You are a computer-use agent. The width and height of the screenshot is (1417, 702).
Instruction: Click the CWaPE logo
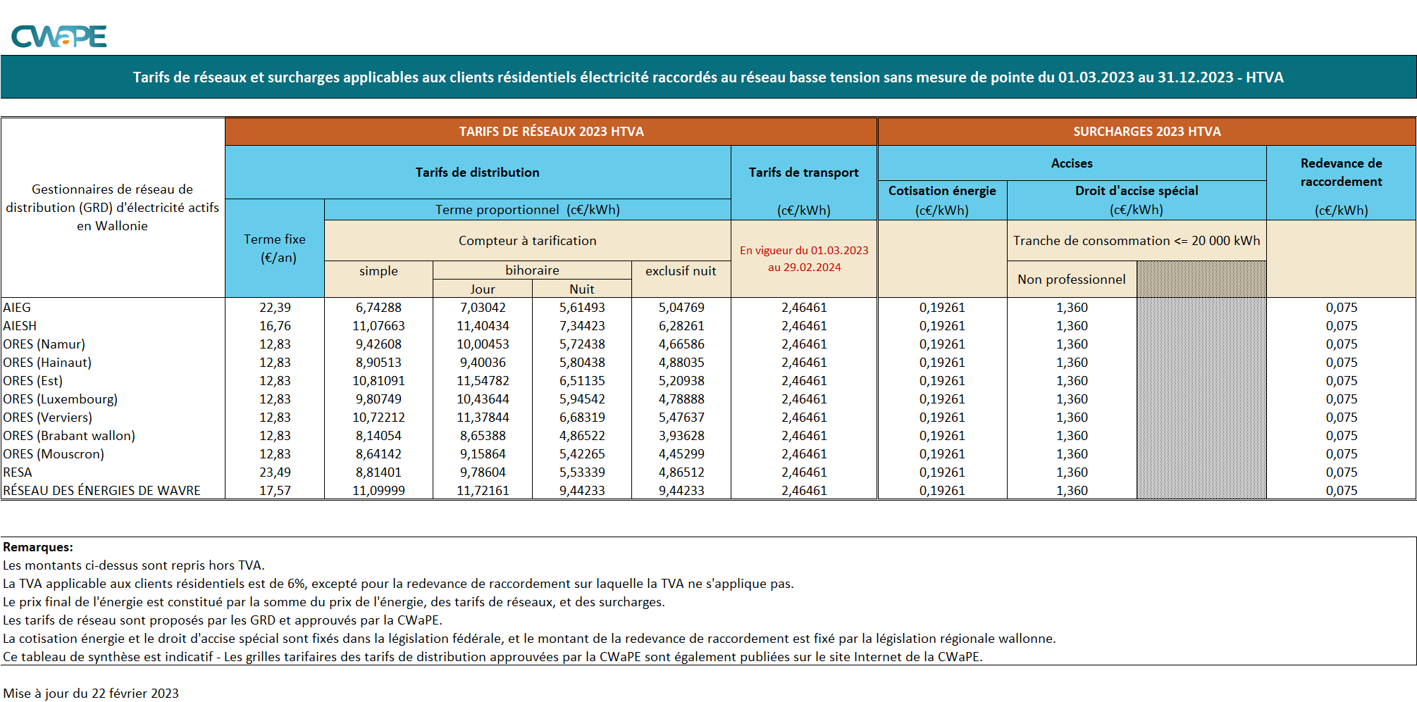pyautogui.click(x=59, y=36)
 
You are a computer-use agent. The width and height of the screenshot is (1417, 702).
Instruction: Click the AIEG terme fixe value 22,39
pyautogui.click(x=275, y=308)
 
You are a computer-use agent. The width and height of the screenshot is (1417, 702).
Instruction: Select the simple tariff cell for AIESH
pyautogui.click(x=378, y=326)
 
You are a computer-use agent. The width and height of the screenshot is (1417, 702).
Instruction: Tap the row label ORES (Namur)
pyautogui.click(x=44, y=344)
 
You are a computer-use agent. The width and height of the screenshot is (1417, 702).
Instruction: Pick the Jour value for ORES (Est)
pyautogui.click(x=483, y=381)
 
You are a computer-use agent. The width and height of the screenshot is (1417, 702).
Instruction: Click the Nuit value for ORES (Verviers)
pyautogui.click(x=582, y=418)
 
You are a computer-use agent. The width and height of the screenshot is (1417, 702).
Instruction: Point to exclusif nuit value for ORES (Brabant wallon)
pyautogui.click(x=681, y=436)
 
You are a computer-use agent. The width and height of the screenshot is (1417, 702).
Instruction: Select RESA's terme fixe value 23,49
pyautogui.click(x=275, y=472)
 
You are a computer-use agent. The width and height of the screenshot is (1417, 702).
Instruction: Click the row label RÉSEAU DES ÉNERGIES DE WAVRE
pyautogui.click(x=101, y=491)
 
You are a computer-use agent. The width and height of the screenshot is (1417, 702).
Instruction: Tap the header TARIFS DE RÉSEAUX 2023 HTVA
pyautogui.click(x=551, y=132)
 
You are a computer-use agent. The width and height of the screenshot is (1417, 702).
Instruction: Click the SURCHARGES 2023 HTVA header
pyautogui.click(x=1146, y=132)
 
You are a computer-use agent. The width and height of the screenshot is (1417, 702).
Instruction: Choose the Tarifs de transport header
pyautogui.click(x=803, y=173)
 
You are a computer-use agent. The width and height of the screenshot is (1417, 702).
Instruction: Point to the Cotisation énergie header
pyautogui.click(x=942, y=191)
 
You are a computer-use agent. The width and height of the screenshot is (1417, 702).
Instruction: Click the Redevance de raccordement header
pyautogui.click(x=1341, y=173)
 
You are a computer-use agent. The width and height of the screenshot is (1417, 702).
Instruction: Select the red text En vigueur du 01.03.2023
pyautogui.click(x=804, y=251)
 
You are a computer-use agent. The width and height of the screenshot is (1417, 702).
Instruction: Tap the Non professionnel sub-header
pyautogui.click(x=1071, y=280)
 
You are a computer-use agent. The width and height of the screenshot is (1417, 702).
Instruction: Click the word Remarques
pyautogui.click(x=38, y=547)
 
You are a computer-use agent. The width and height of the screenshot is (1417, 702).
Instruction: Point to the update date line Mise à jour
pyautogui.click(x=91, y=694)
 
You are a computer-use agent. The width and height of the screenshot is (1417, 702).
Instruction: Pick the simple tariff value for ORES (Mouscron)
pyautogui.click(x=378, y=454)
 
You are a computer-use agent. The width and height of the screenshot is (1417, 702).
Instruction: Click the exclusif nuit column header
pyautogui.click(x=681, y=271)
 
